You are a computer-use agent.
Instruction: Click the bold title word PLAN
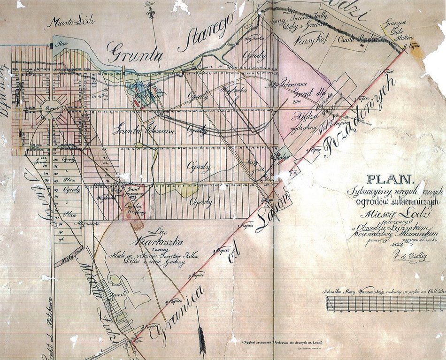(390, 179)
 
